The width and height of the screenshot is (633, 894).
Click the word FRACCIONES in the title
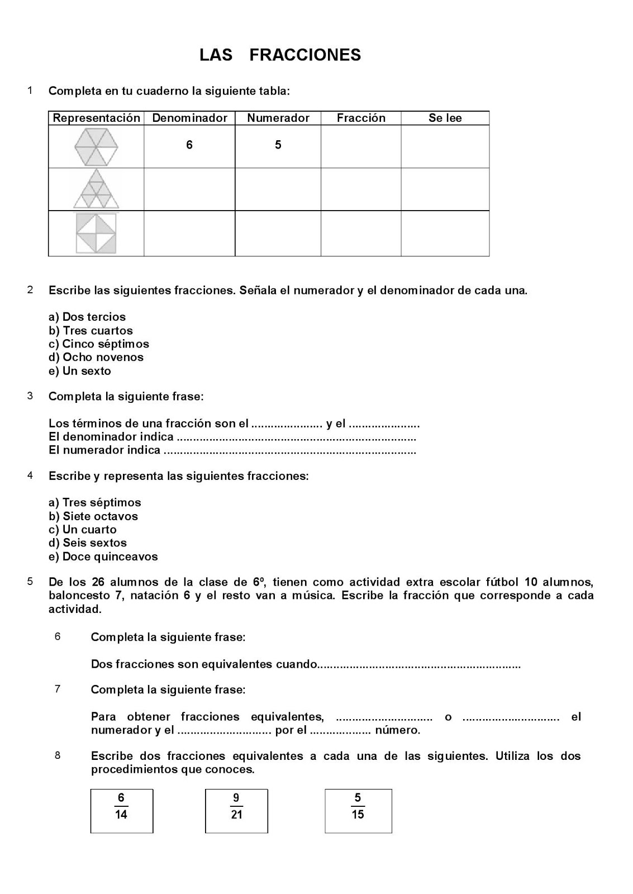pyautogui.click(x=305, y=55)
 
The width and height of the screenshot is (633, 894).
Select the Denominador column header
pyautogui.click(x=189, y=118)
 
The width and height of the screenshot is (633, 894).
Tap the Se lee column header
pyautogui.click(x=445, y=118)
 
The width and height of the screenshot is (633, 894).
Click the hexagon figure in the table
pyautogui.click(x=96, y=146)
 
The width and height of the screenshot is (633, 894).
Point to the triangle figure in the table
pyautogui.click(x=96, y=190)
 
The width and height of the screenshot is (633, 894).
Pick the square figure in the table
pyautogui.click(x=96, y=233)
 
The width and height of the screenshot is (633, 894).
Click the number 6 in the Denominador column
pyautogui.click(x=189, y=145)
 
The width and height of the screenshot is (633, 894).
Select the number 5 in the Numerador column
pyautogui.click(x=278, y=145)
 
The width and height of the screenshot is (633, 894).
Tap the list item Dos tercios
pyautogui.click(x=87, y=317)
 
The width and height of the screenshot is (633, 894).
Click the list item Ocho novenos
pyautogui.click(x=96, y=357)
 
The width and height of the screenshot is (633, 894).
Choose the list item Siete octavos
pyautogui.click(x=93, y=516)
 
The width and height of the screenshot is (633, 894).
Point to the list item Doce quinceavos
pyautogui.click(x=103, y=557)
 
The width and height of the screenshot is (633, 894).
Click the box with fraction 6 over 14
pyautogui.click(x=122, y=811)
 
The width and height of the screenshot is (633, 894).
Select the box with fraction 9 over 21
pyautogui.click(x=236, y=811)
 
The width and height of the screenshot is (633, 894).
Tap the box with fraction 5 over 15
pyautogui.click(x=358, y=811)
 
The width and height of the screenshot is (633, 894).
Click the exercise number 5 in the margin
pyautogui.click(x=30, y=581)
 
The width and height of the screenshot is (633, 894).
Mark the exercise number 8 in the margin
pyautogui.click(x=58, y=755)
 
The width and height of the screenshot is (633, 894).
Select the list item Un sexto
pyautogui.click(x=80, y=371)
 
